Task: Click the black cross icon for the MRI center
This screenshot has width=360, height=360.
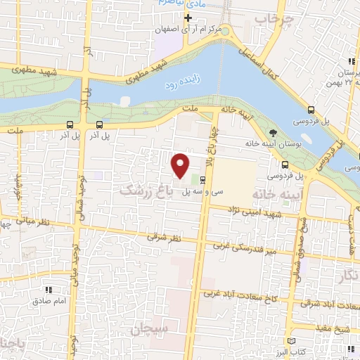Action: pos(188,17)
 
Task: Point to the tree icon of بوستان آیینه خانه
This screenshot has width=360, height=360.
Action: pos(273,133)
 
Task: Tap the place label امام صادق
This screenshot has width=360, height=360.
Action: pos(48,302)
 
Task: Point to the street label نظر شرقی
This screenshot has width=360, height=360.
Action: pos(163,238)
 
